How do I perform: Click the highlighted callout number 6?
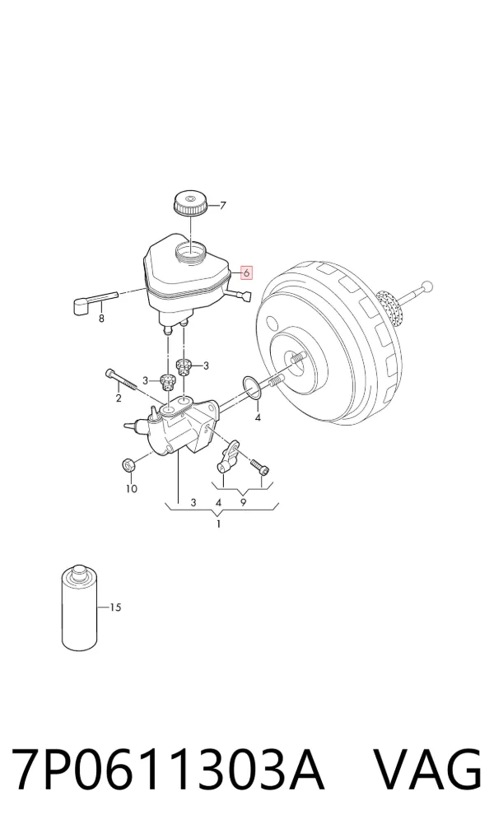click(x=246, y=272)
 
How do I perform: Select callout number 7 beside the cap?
click(x=223, y=205)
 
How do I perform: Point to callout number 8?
click(x=101, y=319)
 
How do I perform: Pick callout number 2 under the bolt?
click(x=119, y=398)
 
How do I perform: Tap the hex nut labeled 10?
click(x=128, y=465)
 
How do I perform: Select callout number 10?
click(x=132, y=488)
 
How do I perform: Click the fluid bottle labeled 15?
click(x=79, y=608)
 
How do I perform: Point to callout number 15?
click(x=115, y=608)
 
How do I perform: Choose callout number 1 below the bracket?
click(x=218, y=524)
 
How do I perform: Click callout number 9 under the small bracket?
click(x=243, y=502)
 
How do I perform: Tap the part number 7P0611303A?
click(x=168, y=769)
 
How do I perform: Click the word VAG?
click(x=427, y=769)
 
